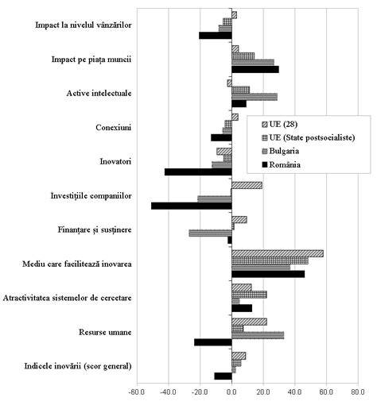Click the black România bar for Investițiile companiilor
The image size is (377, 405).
192,206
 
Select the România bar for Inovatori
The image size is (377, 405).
198,172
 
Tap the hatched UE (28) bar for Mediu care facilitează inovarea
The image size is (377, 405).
278,253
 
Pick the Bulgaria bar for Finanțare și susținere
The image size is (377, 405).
211,233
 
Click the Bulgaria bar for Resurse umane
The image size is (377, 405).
258,335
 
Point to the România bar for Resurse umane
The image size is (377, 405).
213,342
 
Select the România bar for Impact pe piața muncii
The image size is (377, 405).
255,70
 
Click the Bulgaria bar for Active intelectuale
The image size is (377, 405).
255,97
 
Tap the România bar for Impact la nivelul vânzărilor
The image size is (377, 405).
216,36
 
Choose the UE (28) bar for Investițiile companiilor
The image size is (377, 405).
247,186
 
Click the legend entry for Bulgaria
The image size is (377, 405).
281,151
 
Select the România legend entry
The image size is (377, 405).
282,164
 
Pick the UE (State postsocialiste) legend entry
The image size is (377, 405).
309,137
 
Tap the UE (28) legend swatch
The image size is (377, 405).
264,124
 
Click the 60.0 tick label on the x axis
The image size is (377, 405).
327,391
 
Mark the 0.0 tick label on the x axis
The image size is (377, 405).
232,391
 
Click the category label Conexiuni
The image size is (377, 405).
114,128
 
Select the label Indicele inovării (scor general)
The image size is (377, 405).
78,366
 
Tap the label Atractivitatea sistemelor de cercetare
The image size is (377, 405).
67,298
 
